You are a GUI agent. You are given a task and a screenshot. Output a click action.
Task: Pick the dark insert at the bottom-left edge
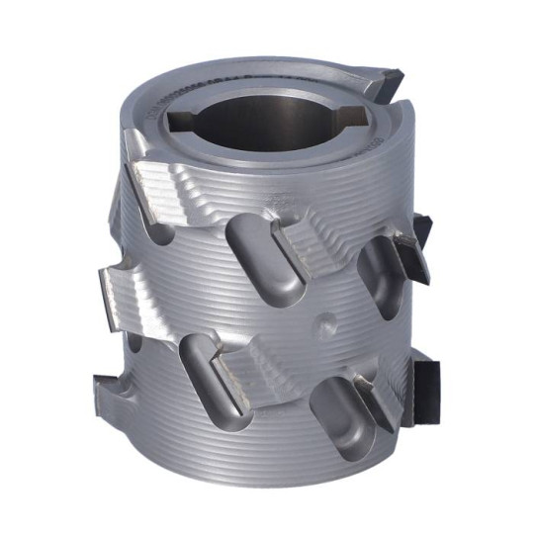(109, 381)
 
